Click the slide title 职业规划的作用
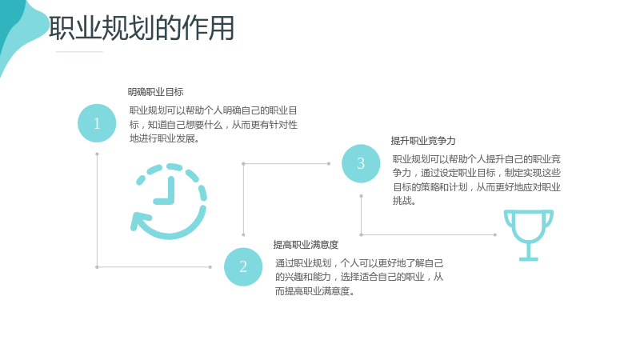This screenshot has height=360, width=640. [x=142, y=28]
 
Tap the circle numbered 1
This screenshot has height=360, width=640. [x=97, y=123]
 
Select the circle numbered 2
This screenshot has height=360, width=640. [x=243, y=266]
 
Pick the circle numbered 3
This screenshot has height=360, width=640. [x=361, y=163]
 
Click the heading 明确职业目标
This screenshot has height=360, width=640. [x=155, y=92]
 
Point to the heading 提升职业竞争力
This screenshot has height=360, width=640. [x=423, y=141]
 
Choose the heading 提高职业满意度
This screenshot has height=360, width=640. [x=306, y=245]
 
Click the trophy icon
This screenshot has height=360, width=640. [x=529, y=235]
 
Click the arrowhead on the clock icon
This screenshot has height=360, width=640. [x=138, y=222]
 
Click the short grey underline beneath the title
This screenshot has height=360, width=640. [x=79, y=52]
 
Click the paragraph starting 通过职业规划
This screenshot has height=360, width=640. [x=359, y=277]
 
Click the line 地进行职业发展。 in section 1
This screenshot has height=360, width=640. [x=165, y=138]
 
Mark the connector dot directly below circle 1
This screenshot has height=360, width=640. [x=97, y=154]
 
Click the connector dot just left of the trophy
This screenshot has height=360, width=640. [x=495, y=234]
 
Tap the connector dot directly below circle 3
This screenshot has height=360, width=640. [x=362, y=196]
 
